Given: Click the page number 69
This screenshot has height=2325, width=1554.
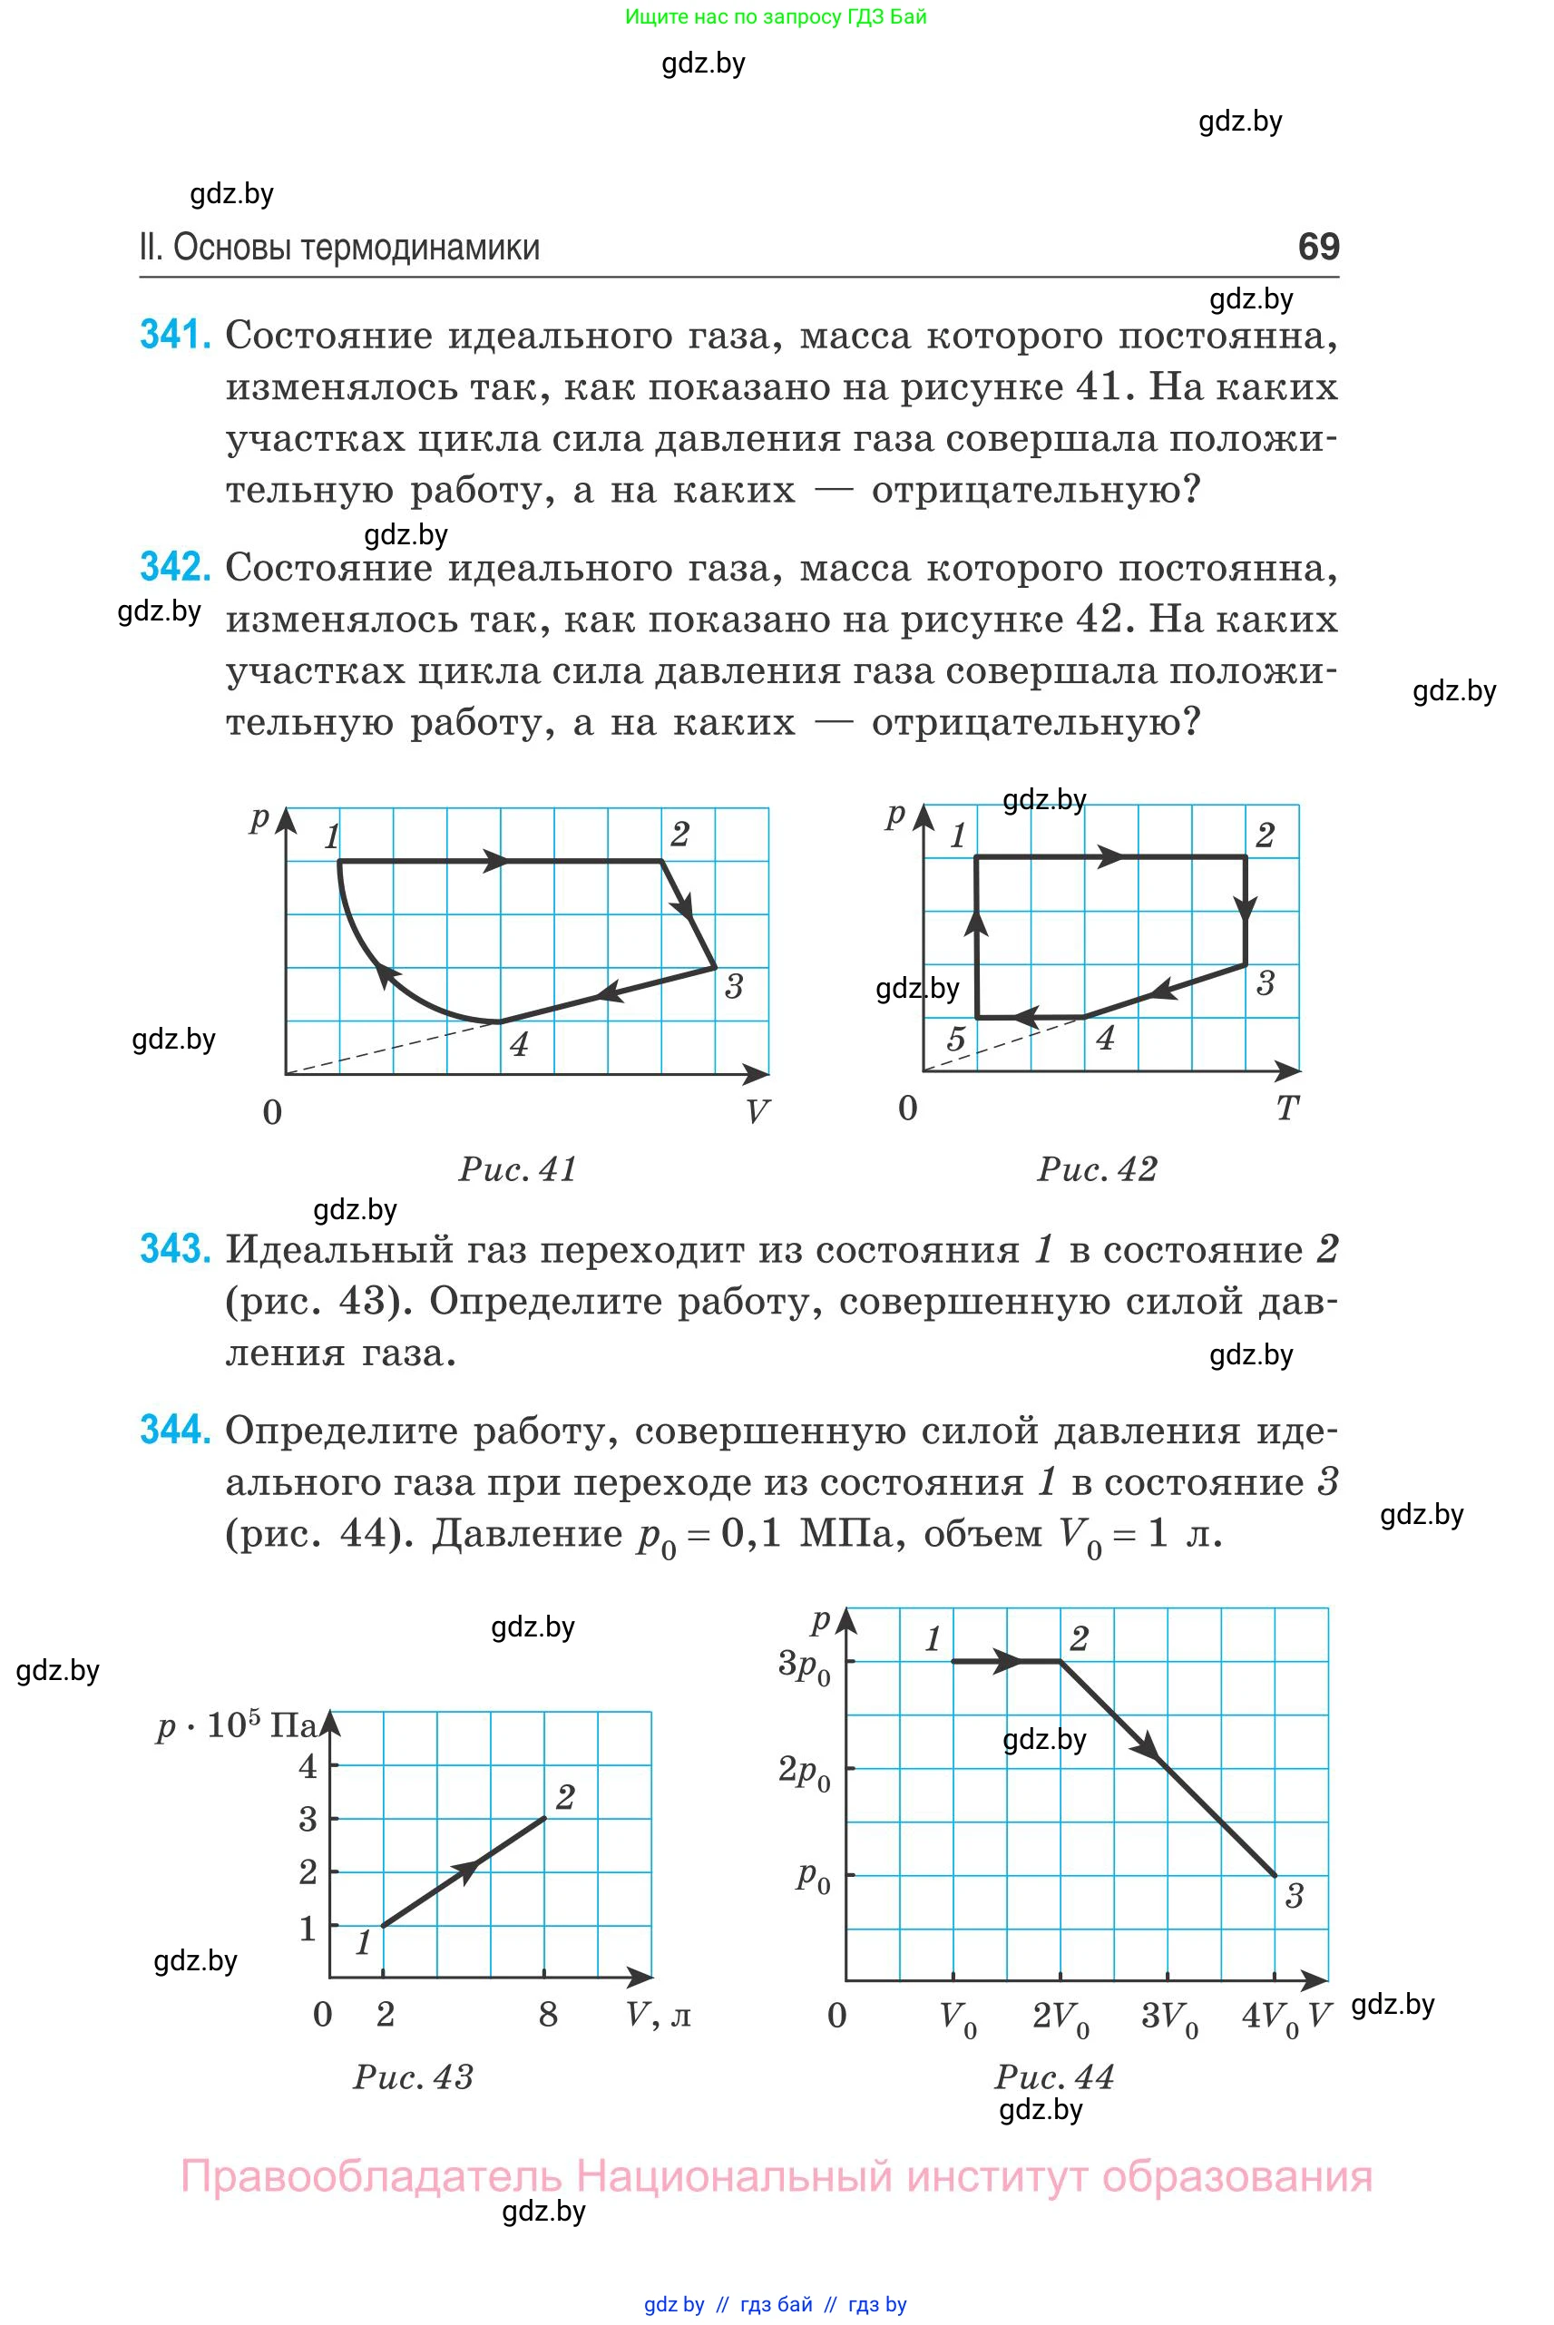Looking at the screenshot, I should [1318, 246].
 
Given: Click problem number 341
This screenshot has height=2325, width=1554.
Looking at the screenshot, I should [175, 335].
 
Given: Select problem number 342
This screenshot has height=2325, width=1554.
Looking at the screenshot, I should [175, 567].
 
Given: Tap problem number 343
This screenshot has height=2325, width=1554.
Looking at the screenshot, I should [175, 1249].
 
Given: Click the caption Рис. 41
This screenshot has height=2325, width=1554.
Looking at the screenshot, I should [517, 1169].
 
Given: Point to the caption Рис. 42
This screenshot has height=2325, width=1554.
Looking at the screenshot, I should [1097, 1169].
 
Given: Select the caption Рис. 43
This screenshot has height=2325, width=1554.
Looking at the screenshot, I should [414, 2077].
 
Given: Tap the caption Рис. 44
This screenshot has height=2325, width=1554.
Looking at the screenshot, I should [1054, 2077].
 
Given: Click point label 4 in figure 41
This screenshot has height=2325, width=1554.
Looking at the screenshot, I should [518, 1043].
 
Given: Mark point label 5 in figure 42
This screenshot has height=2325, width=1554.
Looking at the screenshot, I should [955, 1039].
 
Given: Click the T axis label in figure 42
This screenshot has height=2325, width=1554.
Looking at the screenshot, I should [1286, 1108].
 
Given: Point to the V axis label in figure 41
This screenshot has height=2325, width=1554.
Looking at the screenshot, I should [757, 1112].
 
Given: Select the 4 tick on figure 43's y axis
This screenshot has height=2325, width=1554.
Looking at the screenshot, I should [308, 1766].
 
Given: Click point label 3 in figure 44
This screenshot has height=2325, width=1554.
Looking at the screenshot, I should [1294, 1896].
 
